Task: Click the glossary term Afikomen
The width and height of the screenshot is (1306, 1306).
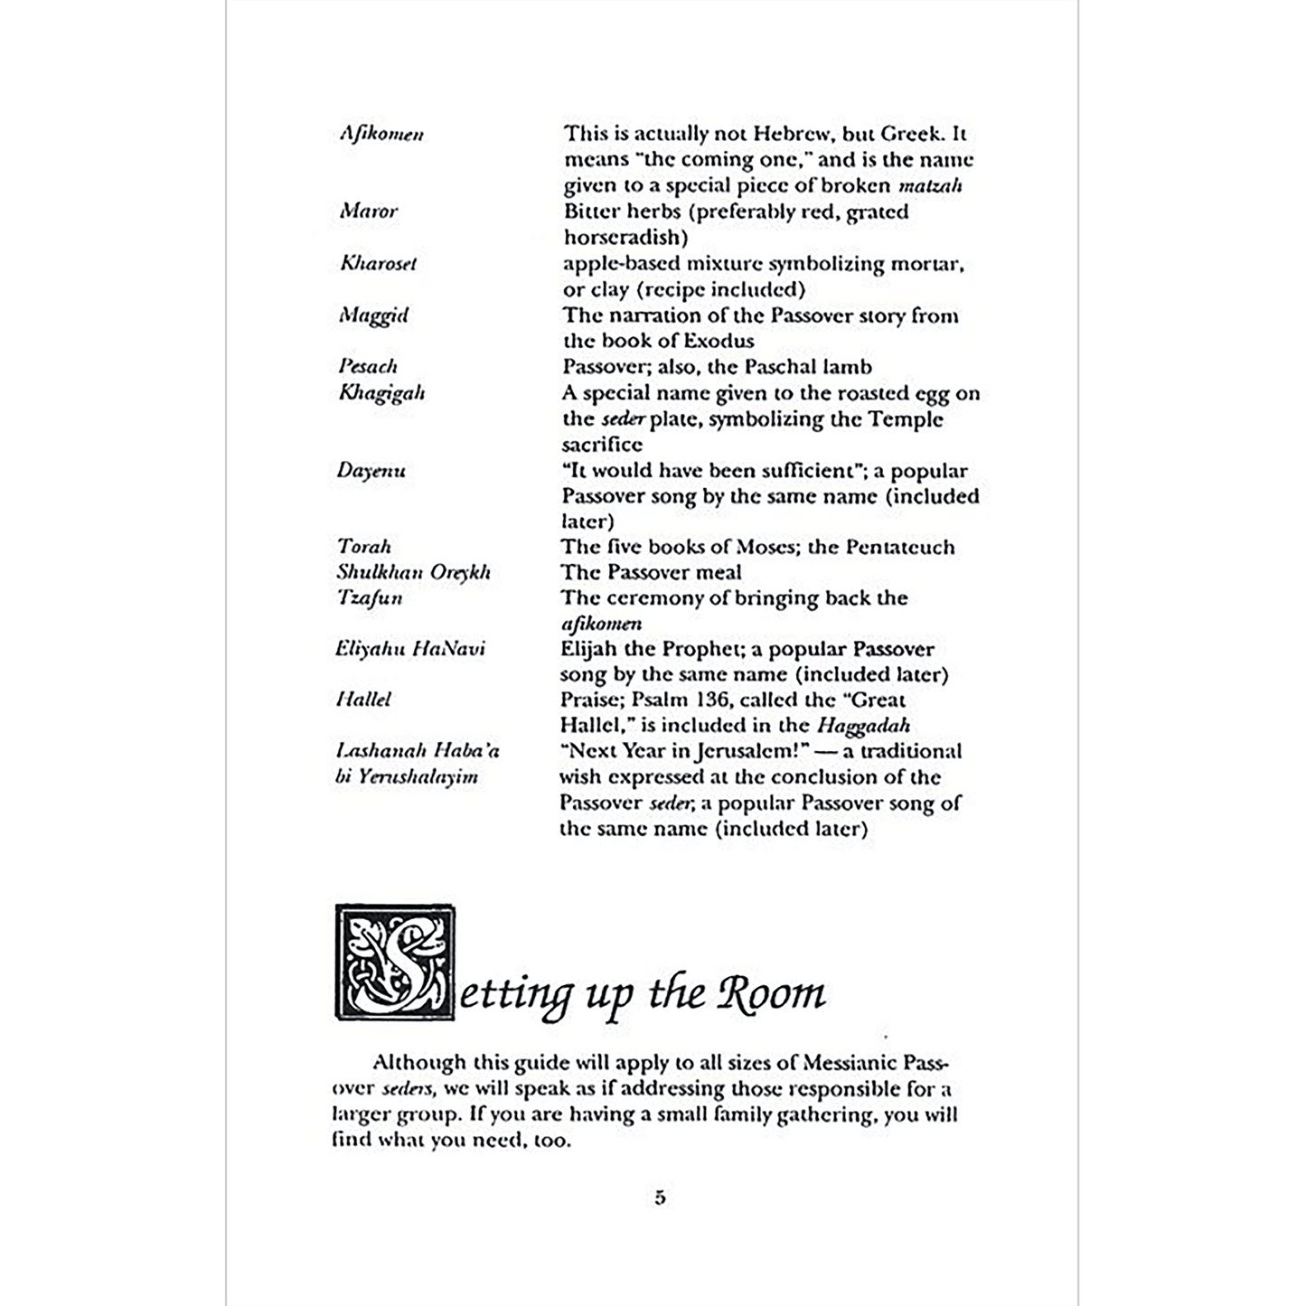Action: coord(381,134)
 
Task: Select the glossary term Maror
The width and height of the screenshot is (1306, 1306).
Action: coord(368,211)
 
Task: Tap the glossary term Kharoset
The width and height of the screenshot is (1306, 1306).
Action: coord(379,263)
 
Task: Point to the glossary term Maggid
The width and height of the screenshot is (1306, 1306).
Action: coord(374,315)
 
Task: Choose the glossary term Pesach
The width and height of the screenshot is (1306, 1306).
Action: coord(368,366)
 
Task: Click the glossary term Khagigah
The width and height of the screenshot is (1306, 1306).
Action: coord(381,393)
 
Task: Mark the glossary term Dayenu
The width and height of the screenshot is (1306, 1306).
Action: coord(371,471)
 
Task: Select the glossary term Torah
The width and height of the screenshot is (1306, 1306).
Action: coord(363,547)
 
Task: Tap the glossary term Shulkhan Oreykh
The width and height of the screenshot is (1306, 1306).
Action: coord(413,572)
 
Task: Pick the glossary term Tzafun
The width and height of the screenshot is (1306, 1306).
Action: coord(369,598)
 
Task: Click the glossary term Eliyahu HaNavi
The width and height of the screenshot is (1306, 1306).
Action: coord(409,649)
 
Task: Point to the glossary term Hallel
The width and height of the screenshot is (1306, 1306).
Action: coord(362,700)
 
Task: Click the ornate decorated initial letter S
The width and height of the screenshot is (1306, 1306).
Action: coord(396,963)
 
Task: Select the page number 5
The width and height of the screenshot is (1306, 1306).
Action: coord(660,1198)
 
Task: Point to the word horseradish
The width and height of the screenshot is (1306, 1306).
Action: coord(625,238)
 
